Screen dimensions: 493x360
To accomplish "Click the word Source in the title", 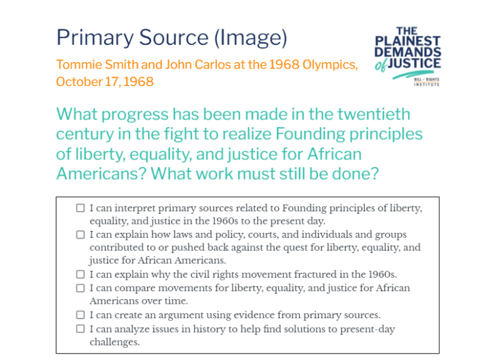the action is pyautogui.click(x=174, y=37).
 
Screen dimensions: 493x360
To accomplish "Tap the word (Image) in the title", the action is pyautogui.click(x=250, y=39).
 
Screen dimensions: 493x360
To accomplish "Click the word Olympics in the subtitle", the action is pyautogui.click(x=330, y=65).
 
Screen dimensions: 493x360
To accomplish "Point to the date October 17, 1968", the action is pyautogui.click(x=105, y=82).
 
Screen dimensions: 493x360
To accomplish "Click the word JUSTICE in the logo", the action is pyautogui.click(x=415, y=63).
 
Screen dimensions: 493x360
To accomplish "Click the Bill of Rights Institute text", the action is pyautogui.click(x=427, y=82).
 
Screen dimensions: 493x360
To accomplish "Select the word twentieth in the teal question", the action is pyautogui.click(x=374, y=114).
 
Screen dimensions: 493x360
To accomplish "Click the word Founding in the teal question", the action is pyautogui.click(x=310, y=133).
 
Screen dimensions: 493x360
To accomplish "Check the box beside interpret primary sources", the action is pyautogui.click(x=80, y=208).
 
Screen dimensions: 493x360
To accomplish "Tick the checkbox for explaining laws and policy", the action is pyautogui.click(x=80, y=235).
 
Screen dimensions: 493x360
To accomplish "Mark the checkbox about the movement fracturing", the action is pyautogui.click(x=80, y=275).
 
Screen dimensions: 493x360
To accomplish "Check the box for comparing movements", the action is pyautogui.click(x=80, y=288).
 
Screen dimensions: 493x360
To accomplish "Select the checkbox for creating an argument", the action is pyautogui.click(x=80, y=315).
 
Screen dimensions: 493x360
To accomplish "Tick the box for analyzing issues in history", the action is pyautogui.click(x=80, y=329).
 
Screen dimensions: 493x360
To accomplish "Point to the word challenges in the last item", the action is pyautogui.click(x=114, y=342).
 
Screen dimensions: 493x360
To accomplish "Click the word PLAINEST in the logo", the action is pyautogui.click(x=408, y=41).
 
